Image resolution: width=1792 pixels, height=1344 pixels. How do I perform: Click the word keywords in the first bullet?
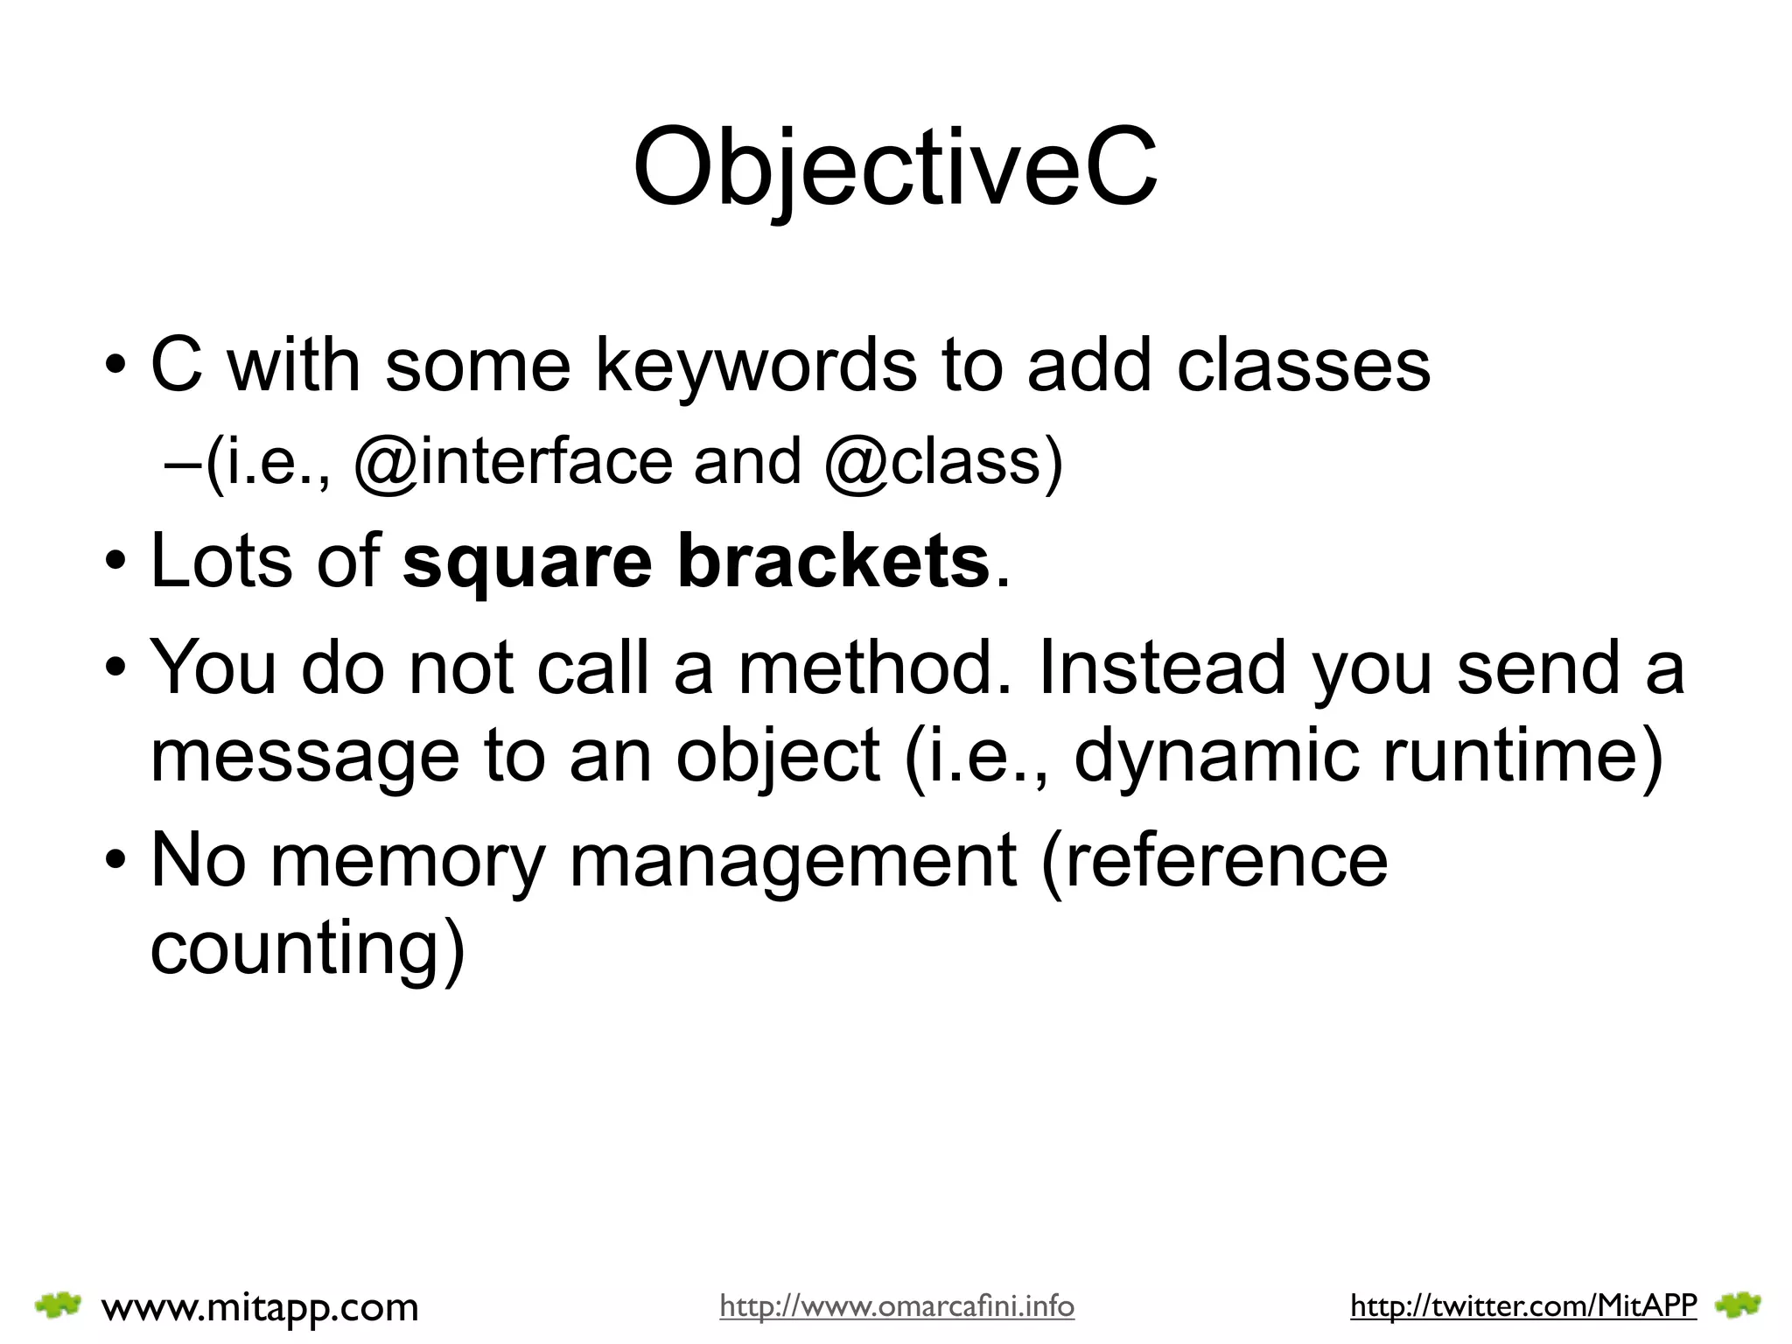[x=756, y=365]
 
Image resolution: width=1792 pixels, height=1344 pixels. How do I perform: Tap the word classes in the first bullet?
[x=1303, y=365]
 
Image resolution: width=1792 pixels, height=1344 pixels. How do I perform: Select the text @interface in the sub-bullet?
[x=513, y=462]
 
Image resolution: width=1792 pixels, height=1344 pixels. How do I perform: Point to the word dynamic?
[x=1215, y=755]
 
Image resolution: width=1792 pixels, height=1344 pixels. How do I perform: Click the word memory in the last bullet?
[x=408, y=862]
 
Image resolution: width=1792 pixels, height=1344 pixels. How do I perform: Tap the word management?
[x=793, y=862]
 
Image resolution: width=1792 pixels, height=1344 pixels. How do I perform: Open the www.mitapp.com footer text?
[x=260, y=1307]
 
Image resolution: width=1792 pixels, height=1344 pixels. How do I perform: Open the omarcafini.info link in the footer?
[x=897, y=1306]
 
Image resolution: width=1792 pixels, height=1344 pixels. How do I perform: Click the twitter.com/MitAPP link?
[x=1523, y=1306]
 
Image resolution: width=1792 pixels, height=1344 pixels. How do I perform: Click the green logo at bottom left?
[x=59, y=1305]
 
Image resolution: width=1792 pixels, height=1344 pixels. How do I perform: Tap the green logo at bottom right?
[x=1738, y=1305]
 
